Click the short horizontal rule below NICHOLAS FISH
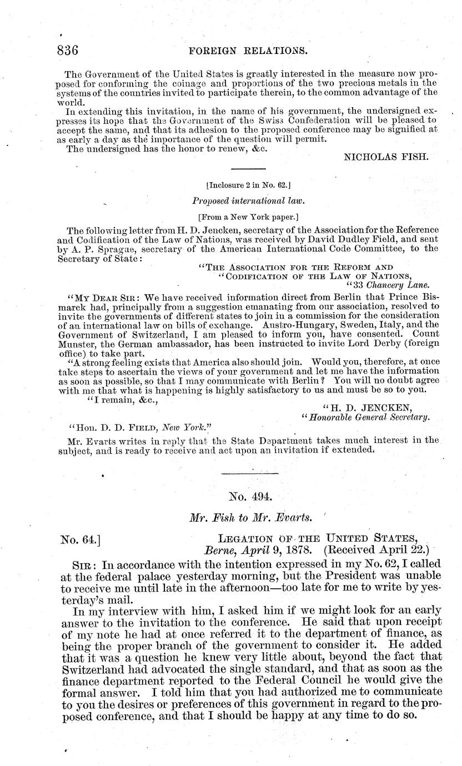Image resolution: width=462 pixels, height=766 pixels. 248,168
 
